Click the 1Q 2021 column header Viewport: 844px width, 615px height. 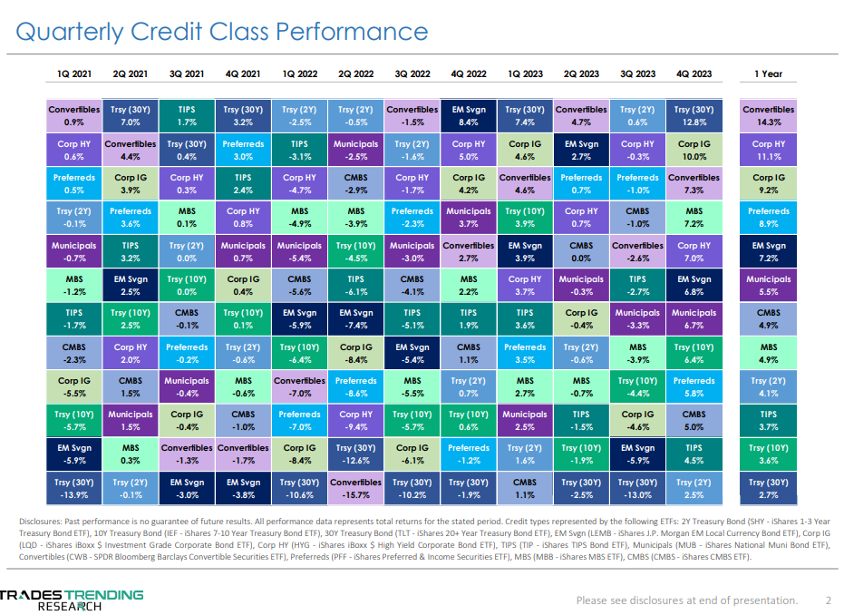74,73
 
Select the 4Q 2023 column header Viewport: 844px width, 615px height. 694,73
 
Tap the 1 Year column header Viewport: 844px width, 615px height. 768,73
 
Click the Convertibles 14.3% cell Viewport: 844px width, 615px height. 768,115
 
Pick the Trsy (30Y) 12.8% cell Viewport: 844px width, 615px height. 694,115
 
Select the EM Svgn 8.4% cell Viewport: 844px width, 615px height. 469,115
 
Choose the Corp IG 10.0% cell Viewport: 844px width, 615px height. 694,150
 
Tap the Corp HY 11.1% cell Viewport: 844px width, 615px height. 768,150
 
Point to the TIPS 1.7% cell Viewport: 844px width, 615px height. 187,115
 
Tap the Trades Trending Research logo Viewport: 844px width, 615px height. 73,600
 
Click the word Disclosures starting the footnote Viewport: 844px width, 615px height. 44,522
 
